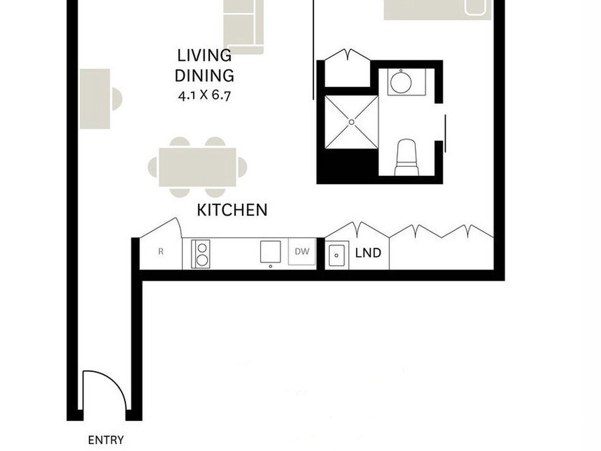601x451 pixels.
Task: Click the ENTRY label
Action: [x=106, y=440]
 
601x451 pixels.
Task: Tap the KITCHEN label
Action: [x=232, y=210]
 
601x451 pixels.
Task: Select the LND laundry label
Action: [x=368, y=253]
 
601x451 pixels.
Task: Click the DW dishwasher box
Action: [x=302, y=251]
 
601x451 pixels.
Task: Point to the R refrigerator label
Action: [x=161, y=252]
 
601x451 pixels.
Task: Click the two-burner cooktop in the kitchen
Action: [x=201, y=254]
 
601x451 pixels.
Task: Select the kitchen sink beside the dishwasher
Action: [x=270, y=252]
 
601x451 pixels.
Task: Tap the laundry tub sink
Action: [x=337, y=255]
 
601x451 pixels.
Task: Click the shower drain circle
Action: [x=351, y=122]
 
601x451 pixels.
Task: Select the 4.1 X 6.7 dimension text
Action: [x=204, y=95]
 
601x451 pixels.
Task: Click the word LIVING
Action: [x=204, y=56]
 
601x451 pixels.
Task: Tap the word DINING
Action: [x=204, y=76]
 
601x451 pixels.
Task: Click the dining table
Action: [x=197, y=167]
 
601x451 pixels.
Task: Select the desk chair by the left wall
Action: [x=116, y=99]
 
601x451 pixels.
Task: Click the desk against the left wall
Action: [x=95, y=99]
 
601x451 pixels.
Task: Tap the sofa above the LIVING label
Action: [x=243, y=27]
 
